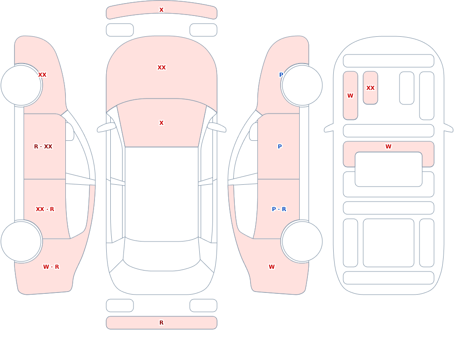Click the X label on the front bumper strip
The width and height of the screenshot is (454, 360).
161,10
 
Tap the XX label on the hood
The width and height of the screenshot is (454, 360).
162,68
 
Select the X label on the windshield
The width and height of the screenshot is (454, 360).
161,123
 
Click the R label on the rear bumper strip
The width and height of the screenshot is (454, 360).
161,323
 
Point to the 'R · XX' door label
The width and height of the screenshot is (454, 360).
43,147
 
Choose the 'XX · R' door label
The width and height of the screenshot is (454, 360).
45,209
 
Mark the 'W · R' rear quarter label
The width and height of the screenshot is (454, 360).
51,267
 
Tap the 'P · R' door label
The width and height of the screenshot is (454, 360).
279,209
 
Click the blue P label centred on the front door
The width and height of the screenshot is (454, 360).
280,147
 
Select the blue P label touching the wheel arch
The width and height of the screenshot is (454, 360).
281,75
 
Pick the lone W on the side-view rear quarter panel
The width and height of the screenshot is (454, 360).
271,267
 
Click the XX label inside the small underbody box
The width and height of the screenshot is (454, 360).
370,88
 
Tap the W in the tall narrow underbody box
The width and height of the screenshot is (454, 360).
350,96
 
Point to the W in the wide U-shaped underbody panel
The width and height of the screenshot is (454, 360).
388,147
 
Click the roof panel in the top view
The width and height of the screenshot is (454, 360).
162,194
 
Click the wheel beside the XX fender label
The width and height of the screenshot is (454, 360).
21,85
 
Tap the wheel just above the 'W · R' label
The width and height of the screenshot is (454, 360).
21,242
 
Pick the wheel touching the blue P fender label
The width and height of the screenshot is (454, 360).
302,85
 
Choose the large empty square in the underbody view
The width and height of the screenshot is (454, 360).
389,243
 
